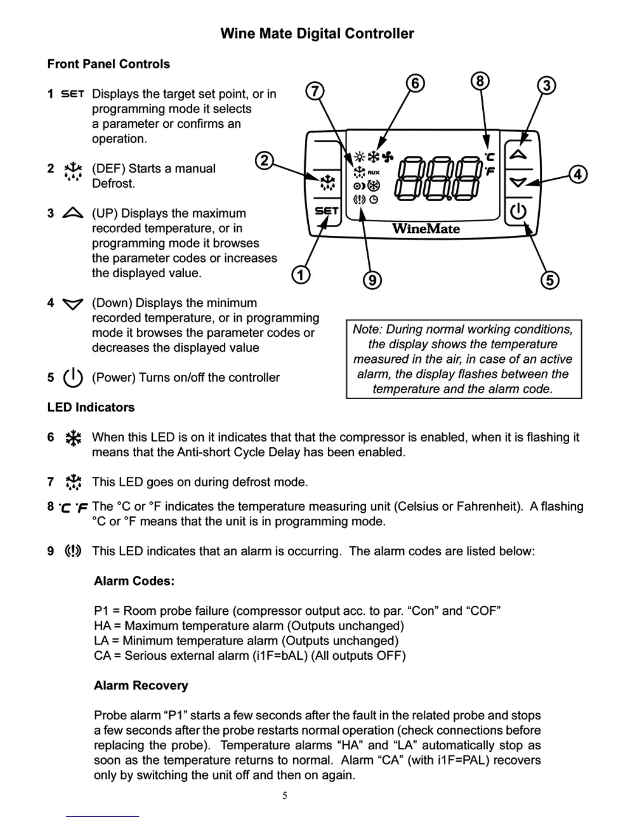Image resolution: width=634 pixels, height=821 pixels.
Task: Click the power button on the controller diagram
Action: (x=518, y=211)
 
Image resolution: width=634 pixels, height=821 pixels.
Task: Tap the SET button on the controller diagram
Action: (x=326, y=211)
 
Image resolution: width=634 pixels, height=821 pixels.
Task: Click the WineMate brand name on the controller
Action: (x=426, y=229)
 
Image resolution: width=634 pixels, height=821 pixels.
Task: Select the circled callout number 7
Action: (x=314, y=91)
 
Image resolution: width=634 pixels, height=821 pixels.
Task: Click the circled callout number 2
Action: (x=264, y=161)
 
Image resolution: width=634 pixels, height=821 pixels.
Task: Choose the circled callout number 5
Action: (x=550, y=280)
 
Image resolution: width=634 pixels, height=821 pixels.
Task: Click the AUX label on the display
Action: (x=373, y=173)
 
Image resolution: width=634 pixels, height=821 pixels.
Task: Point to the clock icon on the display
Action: (x=373, y=200)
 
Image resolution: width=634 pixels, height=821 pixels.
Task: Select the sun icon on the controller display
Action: (x=359, y=156)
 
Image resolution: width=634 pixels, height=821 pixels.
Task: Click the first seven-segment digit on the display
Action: (x=407, y=178)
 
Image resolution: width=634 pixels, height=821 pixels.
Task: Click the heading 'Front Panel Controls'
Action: (x=108, y=64)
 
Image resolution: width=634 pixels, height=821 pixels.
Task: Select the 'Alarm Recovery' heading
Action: (x=141, y=685)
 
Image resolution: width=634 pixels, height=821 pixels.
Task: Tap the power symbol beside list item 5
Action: (x=73, y=377)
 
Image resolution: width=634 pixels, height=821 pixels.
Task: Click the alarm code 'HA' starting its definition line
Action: (x=102, y=626)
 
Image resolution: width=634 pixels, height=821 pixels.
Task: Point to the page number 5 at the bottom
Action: (x=284, y=796)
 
